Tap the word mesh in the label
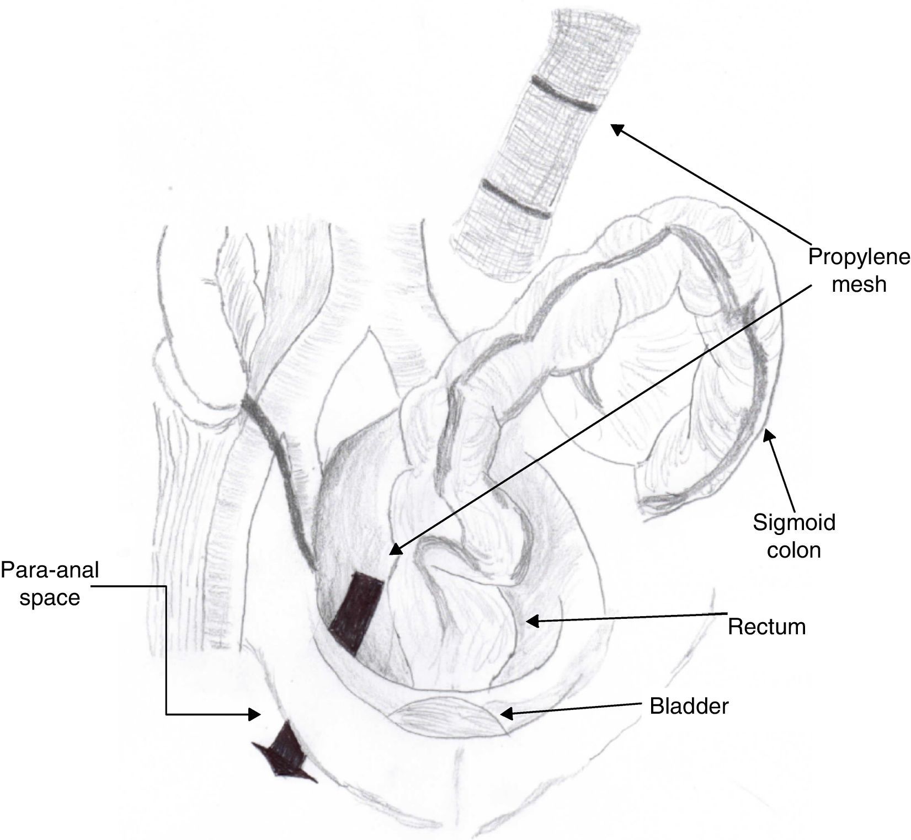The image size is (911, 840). pos(859,285)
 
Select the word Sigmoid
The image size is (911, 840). pos(794,522)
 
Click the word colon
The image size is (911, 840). pos(794,549)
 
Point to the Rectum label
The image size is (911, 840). pos(766,627)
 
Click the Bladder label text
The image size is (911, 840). pos(689,706)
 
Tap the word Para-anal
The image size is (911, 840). pos(50,570)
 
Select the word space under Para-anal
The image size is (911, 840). pos(50,597)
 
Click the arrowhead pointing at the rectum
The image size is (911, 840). pos(531,621)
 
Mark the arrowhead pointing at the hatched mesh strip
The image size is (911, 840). pos(616,128)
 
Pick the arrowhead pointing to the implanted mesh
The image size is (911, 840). pos(394,549)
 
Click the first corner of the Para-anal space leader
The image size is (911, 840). pos(166,586)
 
